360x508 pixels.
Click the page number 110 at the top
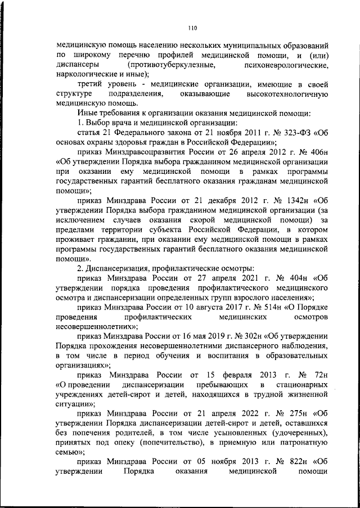point(191,26)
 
